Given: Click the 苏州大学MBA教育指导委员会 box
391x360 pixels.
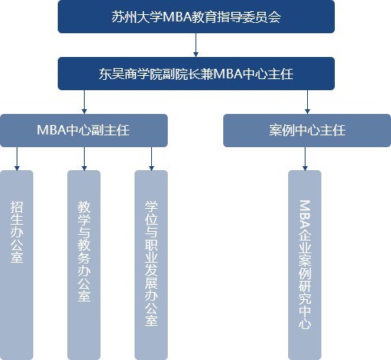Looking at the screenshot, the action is click(196, 17).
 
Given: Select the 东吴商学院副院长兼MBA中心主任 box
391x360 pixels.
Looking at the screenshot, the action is click(196, 74).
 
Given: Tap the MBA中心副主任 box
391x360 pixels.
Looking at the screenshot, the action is click(84, 131).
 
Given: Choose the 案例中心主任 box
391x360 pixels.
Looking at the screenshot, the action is click(307, 131).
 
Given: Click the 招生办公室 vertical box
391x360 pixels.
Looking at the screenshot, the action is click(17, 265).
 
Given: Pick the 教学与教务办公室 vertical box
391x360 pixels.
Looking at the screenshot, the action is click(84, 265).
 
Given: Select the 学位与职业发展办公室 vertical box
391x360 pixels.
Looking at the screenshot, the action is click(151, 265).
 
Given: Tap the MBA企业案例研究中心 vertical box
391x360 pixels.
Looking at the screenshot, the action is click(305, 265).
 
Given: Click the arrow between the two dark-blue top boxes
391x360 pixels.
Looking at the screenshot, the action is click(195, 45).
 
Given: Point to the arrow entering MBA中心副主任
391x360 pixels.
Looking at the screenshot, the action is click(84, 102).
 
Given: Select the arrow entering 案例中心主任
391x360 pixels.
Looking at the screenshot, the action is click(307, 102).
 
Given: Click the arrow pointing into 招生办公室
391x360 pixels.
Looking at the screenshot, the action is click(17, 159).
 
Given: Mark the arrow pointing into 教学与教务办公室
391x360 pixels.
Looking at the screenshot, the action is click(84, 159).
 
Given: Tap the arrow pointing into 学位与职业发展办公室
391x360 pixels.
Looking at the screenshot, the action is click(151, 159).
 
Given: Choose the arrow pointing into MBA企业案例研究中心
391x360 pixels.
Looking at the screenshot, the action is click(305, 159).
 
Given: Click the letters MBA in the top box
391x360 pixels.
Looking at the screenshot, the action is click(177, 17).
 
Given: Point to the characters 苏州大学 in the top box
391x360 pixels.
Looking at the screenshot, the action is click(137, 17).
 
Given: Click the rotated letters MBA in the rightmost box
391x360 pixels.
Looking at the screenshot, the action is click(305, 214).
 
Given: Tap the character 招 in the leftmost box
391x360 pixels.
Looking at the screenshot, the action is click(17, 207).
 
